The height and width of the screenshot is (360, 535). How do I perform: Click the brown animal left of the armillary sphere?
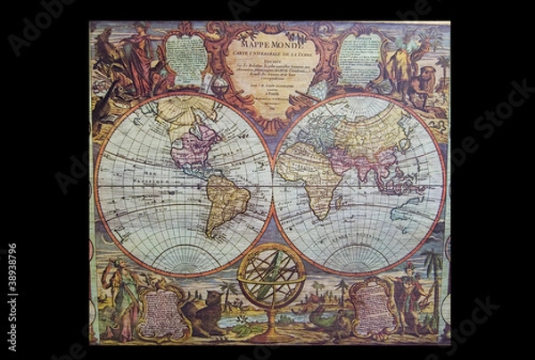pyautogui.click(x=207, y=307)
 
